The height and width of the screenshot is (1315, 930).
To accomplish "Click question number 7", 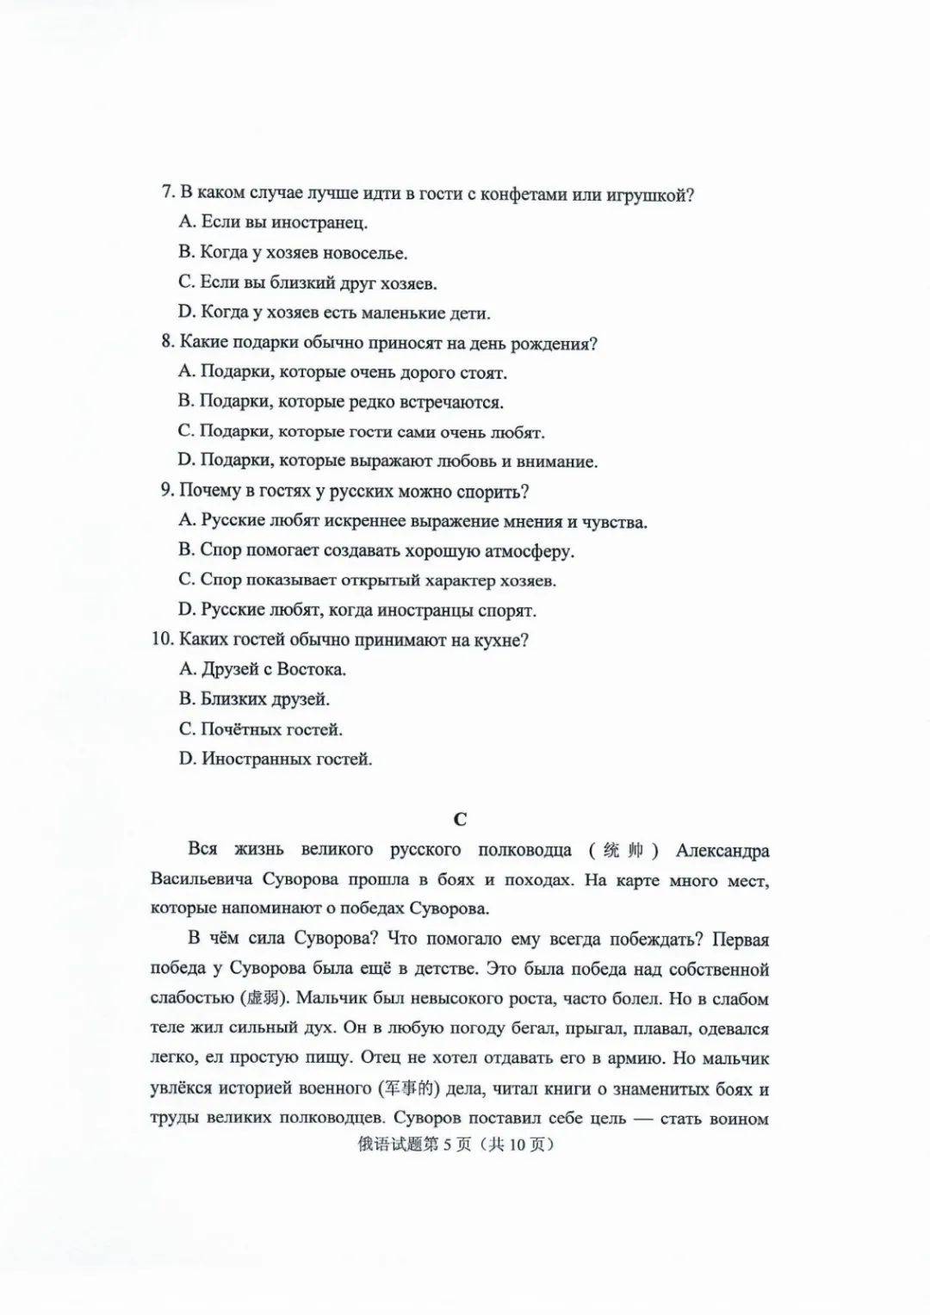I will click(168, 193).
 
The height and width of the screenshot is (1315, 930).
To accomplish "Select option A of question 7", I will click(273, 222).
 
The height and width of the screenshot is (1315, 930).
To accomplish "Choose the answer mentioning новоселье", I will click(293, 252).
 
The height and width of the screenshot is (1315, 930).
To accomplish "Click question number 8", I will click(168, 342).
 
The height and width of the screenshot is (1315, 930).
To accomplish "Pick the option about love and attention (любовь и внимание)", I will click(387, 462).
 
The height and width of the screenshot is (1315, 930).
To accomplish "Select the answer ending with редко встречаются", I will click(341, 401).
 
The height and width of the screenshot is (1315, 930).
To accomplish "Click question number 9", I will click(168, 491).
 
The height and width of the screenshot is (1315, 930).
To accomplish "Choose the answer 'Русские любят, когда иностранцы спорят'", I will click(357, 611).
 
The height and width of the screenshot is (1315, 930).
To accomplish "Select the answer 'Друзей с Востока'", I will click(263, 669).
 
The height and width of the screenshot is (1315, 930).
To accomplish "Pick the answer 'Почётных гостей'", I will click(261, 729).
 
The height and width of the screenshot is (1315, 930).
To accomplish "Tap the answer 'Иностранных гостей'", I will click(276, 760).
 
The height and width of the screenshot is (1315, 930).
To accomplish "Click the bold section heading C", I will click(460, 820).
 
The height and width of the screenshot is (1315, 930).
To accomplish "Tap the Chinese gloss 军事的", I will click(409, 1089).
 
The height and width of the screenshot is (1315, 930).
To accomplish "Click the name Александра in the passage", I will click(722, 851).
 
